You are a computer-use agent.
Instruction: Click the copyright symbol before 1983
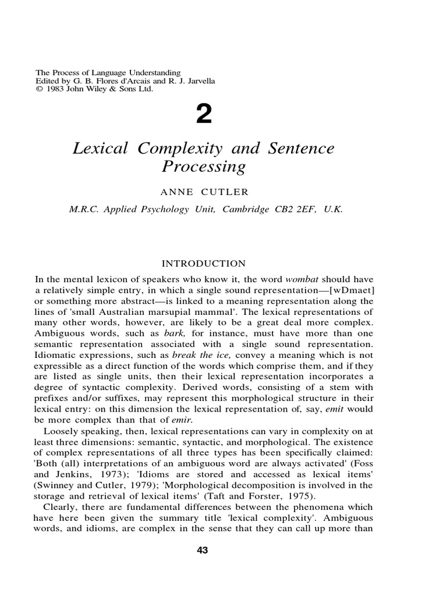click(39, 89)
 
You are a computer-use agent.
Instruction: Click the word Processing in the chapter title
click(203, 167)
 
